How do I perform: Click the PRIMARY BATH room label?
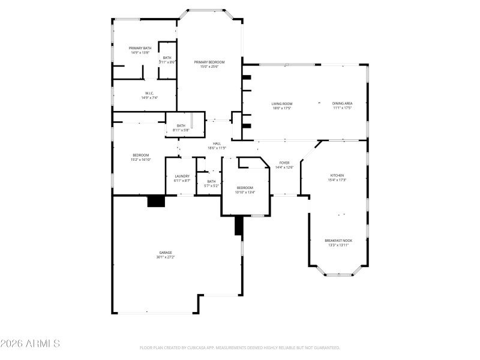(x=140, y=48)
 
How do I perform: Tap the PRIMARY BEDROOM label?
(x=209, y=62)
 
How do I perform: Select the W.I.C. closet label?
(x=149, y=93)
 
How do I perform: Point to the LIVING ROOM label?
(x=282, y=104)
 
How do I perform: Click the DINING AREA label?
(x=342, y=104)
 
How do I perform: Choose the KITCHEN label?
(x=337, y=176)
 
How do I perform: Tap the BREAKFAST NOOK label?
(x=338, y=241)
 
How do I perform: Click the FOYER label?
(x=284, y=163)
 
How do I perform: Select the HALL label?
(x=217, y=143)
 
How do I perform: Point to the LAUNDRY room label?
(x=182, y=176)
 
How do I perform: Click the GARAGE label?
(x=166, y=253)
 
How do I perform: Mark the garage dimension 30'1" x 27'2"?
(x=166, y=257)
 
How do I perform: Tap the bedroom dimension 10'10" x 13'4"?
(x=245, y=193)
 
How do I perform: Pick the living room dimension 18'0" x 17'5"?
(x=282, y=109)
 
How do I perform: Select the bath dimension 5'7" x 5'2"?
(x=211, y=185)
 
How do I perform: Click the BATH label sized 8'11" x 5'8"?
(x=181, y=125)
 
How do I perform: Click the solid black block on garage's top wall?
(x=157, y=202)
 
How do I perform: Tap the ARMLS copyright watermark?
(x=30, y=344)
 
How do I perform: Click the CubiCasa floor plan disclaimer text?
(x=240, y=347)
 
